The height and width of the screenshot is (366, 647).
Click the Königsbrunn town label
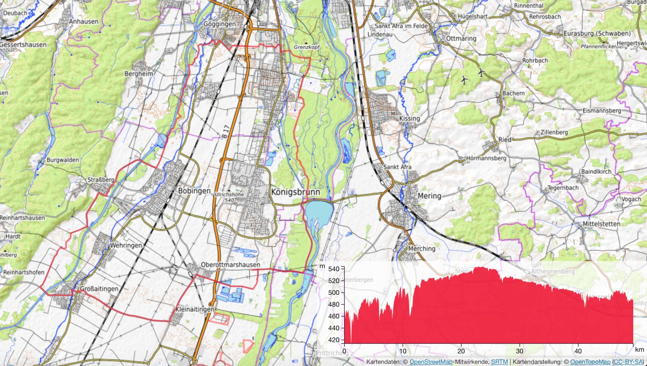click(x=295, y=192)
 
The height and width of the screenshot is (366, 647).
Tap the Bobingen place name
click(x=194, y=191)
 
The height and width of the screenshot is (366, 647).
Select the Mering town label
click(x=429, y=196)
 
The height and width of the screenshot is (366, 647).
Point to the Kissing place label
click(x=409, y=119)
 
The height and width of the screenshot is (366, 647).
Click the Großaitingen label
click(x=99, y=289)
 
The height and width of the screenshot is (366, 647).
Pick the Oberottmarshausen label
click(x=230, y=265)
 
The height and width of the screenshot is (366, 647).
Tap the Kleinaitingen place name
click(x=195, y=310)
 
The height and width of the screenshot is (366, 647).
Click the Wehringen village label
click(x=126, y=245)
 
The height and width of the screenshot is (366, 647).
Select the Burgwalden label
click(x=63, y=160)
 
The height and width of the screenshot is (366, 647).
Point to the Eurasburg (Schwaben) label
click(x=597, y=33)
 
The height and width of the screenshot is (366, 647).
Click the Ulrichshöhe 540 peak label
click(x=229, y=197)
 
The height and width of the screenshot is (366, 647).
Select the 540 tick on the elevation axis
click(x=334, y=269)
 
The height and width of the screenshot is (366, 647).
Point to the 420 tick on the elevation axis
click(x=334, y=340)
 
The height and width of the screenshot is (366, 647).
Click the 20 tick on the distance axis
click(x=461, y=351)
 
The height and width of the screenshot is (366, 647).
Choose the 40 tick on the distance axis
click(x=578, y=351)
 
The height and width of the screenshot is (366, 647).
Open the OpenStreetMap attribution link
click(x=431, y=362)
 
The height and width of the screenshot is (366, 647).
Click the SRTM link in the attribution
click(x=499, y=362)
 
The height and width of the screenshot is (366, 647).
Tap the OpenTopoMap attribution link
click(x=590, y=362)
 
